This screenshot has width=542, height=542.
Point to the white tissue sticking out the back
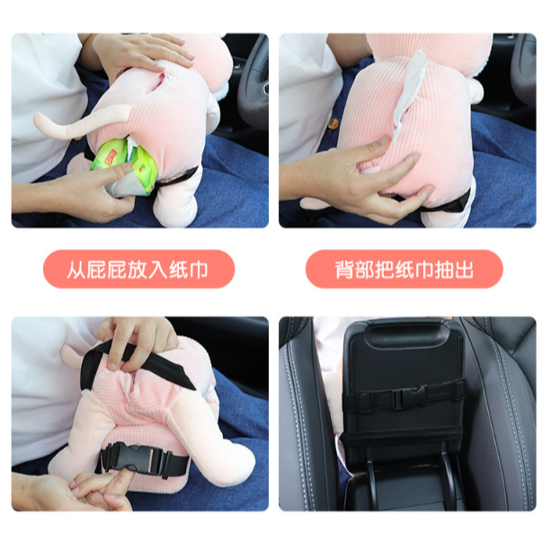pos(410,94)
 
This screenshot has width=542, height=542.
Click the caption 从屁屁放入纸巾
pos(138,270)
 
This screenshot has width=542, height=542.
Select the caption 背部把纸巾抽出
pos(404,270)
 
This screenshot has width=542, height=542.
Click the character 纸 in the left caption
pos(178,270)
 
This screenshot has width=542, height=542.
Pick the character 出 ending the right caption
pos(464,270)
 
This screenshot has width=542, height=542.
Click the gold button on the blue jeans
pos(333,123)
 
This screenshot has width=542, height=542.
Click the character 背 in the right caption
pos(343,270)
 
